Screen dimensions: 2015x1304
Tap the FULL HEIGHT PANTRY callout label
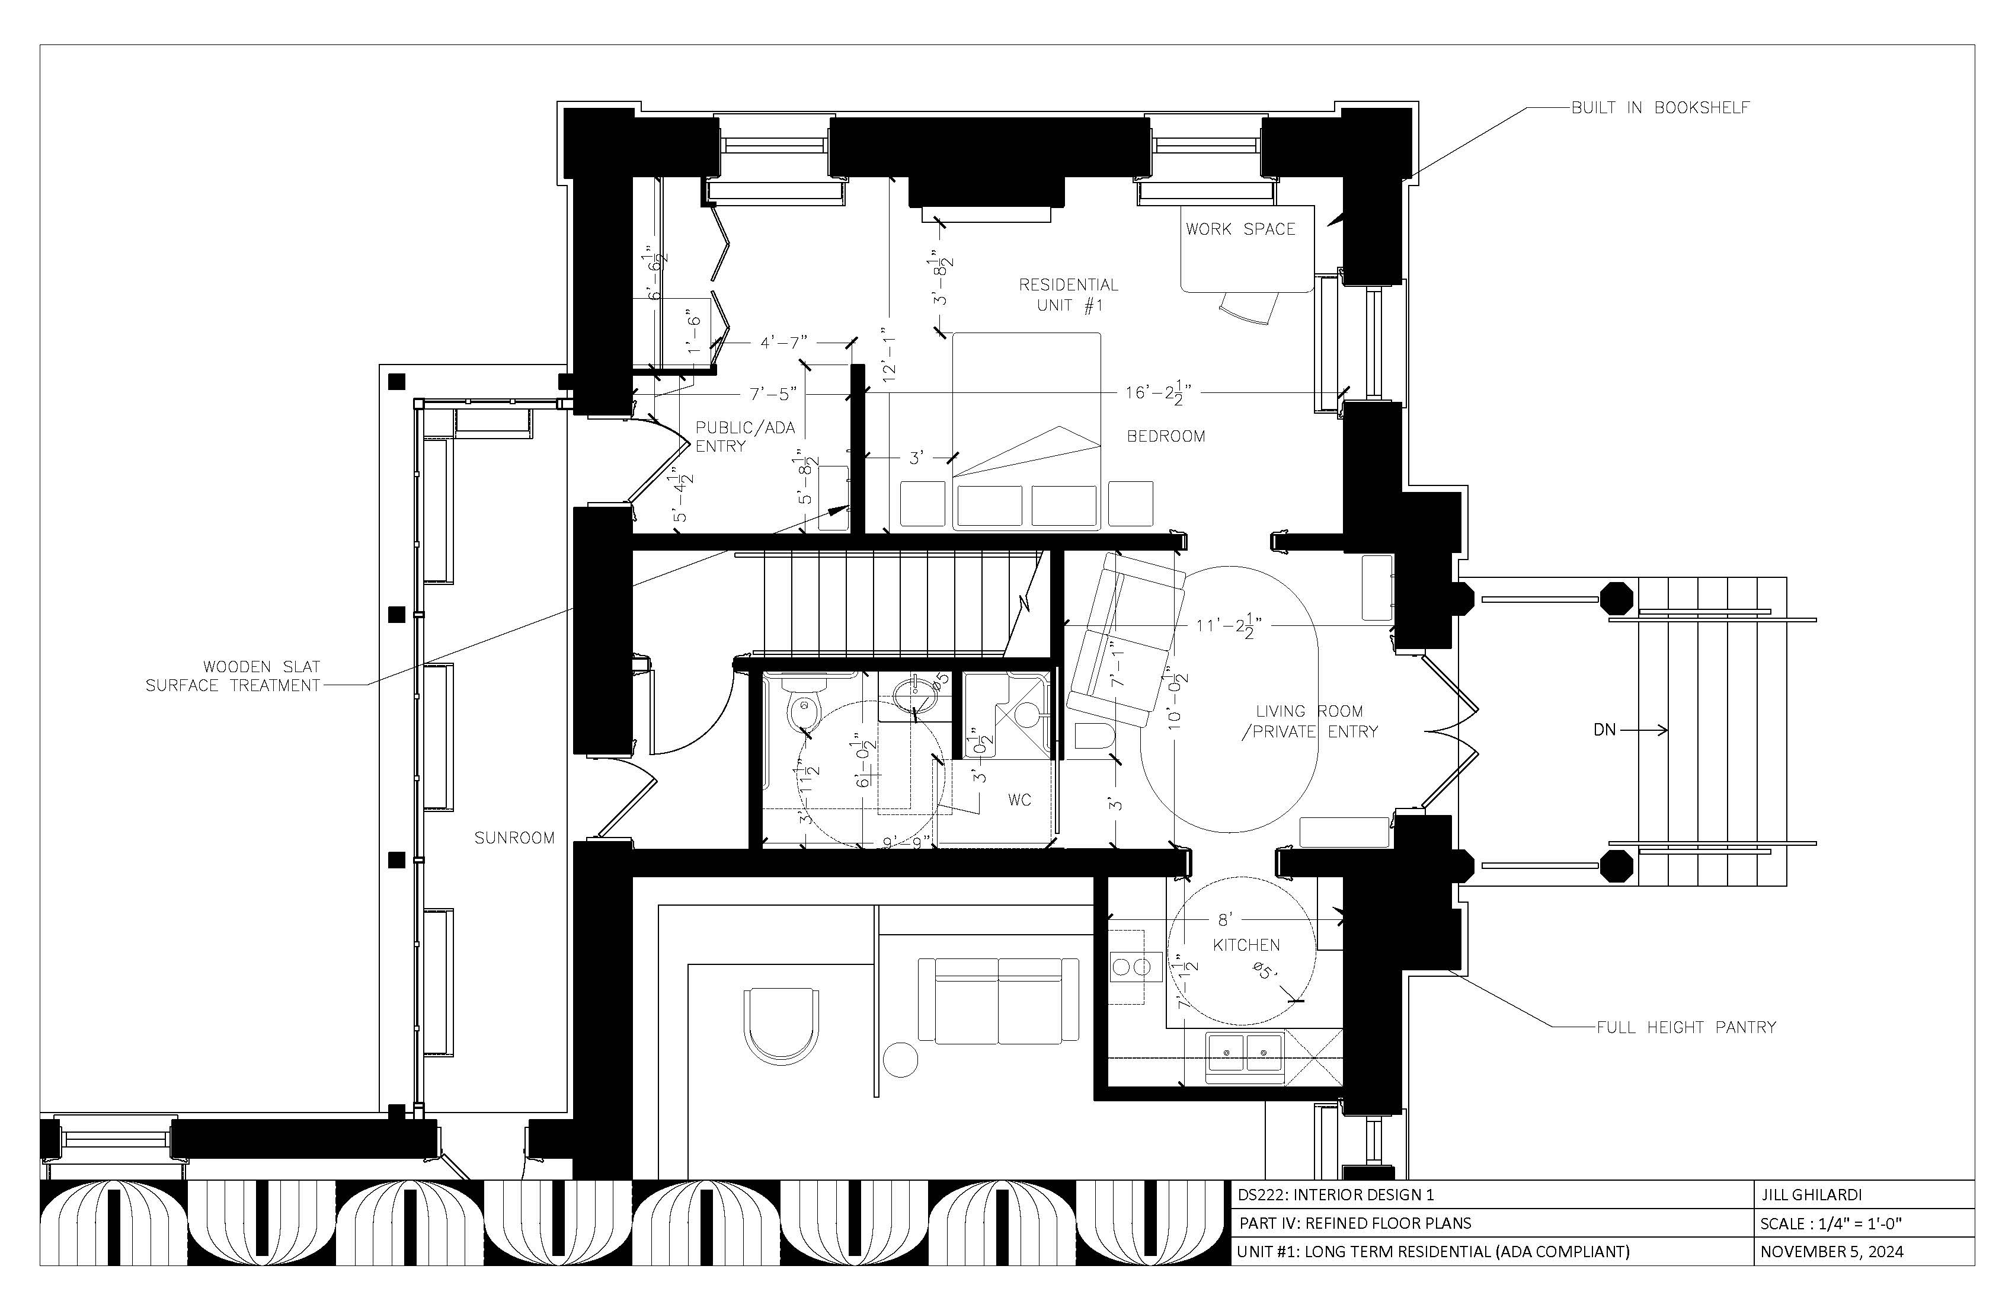[x=1685, y=1027]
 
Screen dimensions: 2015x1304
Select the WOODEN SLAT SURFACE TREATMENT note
[x=233, y=676]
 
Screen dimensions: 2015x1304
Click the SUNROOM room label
[x=514, y=838]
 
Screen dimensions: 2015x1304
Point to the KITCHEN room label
[x=1246, y=945]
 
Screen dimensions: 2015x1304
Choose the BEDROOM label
[x=1166, y=436]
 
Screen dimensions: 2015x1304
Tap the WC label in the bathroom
[x=1019, y=800]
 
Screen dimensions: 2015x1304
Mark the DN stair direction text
[x=1604, y=729]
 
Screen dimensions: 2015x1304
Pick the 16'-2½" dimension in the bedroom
[x=1158, y=393]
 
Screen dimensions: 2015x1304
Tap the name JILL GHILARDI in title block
[x=1810, y=1195]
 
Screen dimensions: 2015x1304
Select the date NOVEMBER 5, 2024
[x=1831, y=1251]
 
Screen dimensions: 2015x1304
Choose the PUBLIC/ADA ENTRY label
[x=745, y=436]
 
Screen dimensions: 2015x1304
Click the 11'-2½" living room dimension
[x=1229, y=627]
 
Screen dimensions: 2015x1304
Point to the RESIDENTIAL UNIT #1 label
[x=1069, y=295]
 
